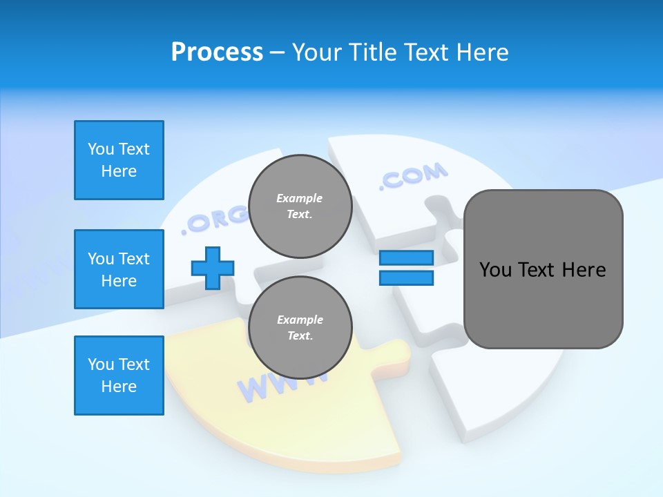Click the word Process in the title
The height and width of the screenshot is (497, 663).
coord(217,52)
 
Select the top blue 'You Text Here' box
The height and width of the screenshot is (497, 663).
coord(119,160)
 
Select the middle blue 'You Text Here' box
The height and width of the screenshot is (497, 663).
coord(119,269)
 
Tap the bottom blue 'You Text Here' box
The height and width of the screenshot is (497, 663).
coord(119,376)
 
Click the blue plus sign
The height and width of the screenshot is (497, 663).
coord(213,268)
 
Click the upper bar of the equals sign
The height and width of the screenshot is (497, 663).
coord(406,257)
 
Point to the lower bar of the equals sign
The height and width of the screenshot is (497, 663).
coord(406,278)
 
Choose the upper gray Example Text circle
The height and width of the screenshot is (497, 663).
coord(300,206)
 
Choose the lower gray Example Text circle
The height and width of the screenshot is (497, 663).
coord(300,327)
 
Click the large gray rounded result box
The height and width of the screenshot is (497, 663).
coord(543,269)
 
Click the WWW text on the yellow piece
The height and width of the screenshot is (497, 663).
coord(273,387)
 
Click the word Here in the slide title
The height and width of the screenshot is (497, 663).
coord(483,52)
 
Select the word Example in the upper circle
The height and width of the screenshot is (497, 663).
coord(300,198)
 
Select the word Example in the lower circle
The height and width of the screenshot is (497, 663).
coord(300,320)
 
